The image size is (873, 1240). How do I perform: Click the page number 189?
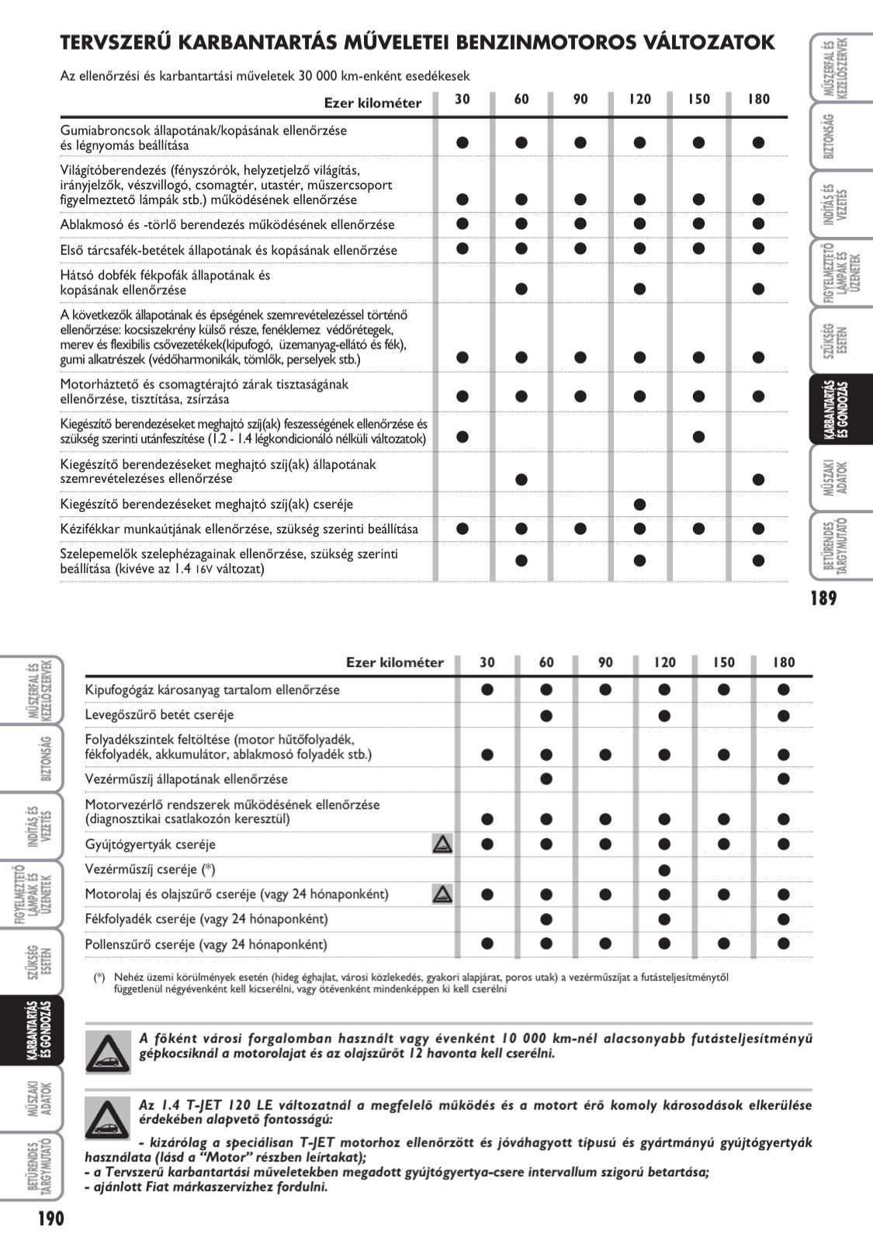tap(823, 598)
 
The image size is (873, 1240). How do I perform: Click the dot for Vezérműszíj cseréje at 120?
tap(664, 870)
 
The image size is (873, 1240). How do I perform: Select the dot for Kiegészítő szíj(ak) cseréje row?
tap(639, 504)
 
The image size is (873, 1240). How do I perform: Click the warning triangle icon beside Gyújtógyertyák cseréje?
tap(442, 844)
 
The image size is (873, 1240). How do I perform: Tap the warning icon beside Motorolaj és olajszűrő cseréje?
tap(442, 894)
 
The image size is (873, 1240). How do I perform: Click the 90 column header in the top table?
tap(580, 99)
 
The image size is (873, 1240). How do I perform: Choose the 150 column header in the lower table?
tap(723, 662)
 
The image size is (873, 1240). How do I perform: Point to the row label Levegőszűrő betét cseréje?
tap(159, 714)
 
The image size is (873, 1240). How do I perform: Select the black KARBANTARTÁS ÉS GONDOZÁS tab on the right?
tap(838, 410)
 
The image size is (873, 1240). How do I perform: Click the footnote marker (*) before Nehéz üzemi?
tap(99, 978)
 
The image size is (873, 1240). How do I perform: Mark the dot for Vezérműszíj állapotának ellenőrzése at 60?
tap(546, 779)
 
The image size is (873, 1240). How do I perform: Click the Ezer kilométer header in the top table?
tap(372, 103)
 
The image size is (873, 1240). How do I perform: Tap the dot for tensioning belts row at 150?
tap(699, 436)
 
